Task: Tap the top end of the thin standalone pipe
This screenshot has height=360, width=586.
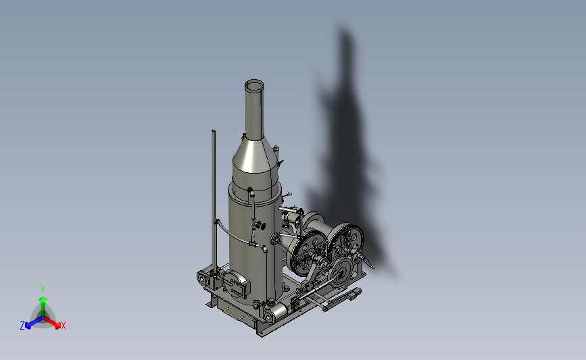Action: click(x=214, y=131)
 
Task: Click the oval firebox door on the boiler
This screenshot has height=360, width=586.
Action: click(x=235, y=284)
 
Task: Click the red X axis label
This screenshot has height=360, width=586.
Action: click(x=63, y=326)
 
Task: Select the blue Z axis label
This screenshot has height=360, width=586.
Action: click(x=22, y=326)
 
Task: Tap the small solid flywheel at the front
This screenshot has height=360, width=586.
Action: click(x=340, y=272)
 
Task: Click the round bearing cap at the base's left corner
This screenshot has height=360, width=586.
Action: click(x=202, y=278)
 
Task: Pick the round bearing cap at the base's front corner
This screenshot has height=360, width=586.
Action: click(x=269, y=317)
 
